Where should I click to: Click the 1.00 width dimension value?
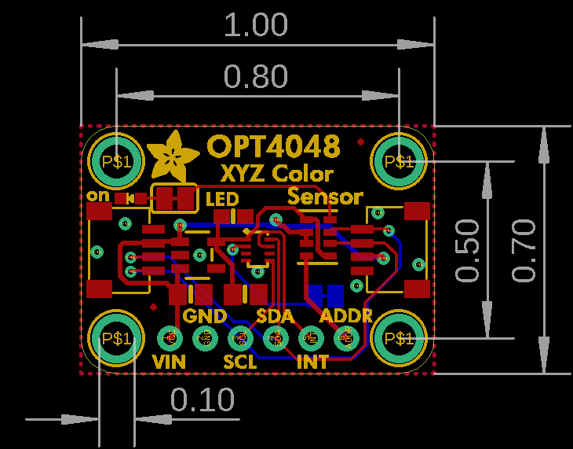(x=256, y=25)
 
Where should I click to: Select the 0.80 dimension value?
(x=256, y=77)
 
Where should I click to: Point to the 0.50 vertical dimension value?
(x=469, y=250)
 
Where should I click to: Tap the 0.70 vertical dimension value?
(x=523, y=250)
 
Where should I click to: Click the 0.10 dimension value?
(x=203, y=400)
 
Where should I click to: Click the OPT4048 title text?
(x=274, y=146)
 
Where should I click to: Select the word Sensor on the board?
(x=326, y=197)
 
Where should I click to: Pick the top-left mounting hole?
(x=115, y=161)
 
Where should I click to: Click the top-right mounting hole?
(x=399, y=161)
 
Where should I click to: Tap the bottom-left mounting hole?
(x=115, y=338)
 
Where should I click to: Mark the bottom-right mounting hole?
(x=399, y=338)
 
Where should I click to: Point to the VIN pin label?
(x=170, y=363)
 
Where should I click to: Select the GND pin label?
(x=205, y=316)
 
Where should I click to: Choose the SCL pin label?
(x=240, y=363)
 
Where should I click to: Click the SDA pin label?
(x=276, y=316)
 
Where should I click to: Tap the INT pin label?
(x=312, y=363)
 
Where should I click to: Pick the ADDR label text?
(x=347, y=316)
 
